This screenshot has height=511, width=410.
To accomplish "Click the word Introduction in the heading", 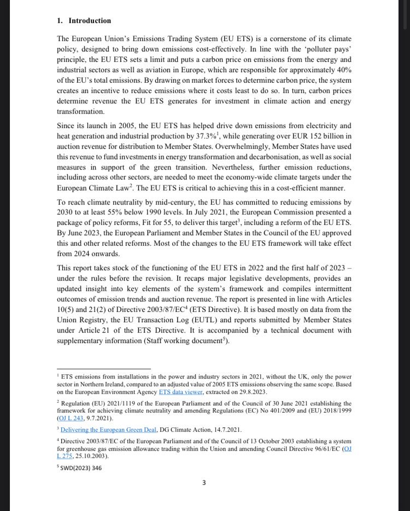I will tap(90, 21).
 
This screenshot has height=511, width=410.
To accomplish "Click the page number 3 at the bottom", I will tap(204, 482).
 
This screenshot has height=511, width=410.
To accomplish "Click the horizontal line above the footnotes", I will tap(103, 369).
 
